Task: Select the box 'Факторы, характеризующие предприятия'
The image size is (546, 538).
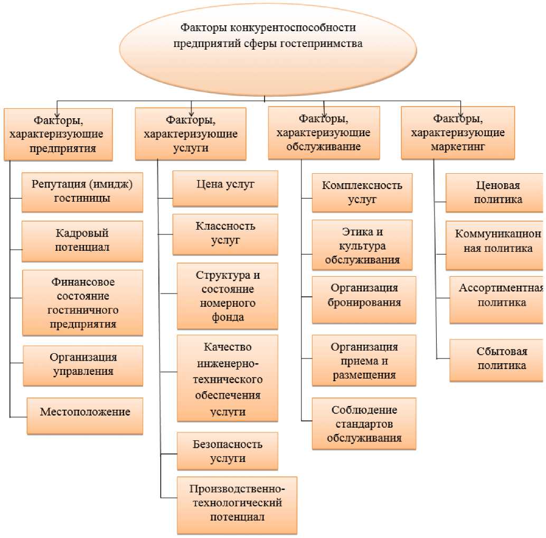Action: pyautogui.click(x=58, y=134)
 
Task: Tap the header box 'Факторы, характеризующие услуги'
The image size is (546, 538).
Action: pyautogui.click(x=190, y=134)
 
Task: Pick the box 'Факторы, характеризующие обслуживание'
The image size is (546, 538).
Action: pyautogui.click(x=323, y=133)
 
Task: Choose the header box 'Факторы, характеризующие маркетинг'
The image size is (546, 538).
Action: pyautogui.click(x=457, y=133)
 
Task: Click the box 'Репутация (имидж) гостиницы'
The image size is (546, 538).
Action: pyautogui.click(x=82, y=192)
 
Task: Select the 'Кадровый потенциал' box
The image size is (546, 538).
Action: pyautogui.click(x=82, y=240)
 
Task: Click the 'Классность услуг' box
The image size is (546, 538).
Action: pyautogui.click(x=225, y=234)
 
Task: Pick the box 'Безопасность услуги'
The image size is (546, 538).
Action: pyautogui.click(x=227, y=451)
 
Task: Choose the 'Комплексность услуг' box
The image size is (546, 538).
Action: pyautogui.click(x=362, y=193)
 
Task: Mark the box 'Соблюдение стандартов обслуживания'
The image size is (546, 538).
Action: pyautogui.click(x=364, y=423)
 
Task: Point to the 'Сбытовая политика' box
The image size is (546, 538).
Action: pyautogui.click(x=496, y=360)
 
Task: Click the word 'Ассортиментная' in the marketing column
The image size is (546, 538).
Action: pyautogui.click(x=501, y=288)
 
